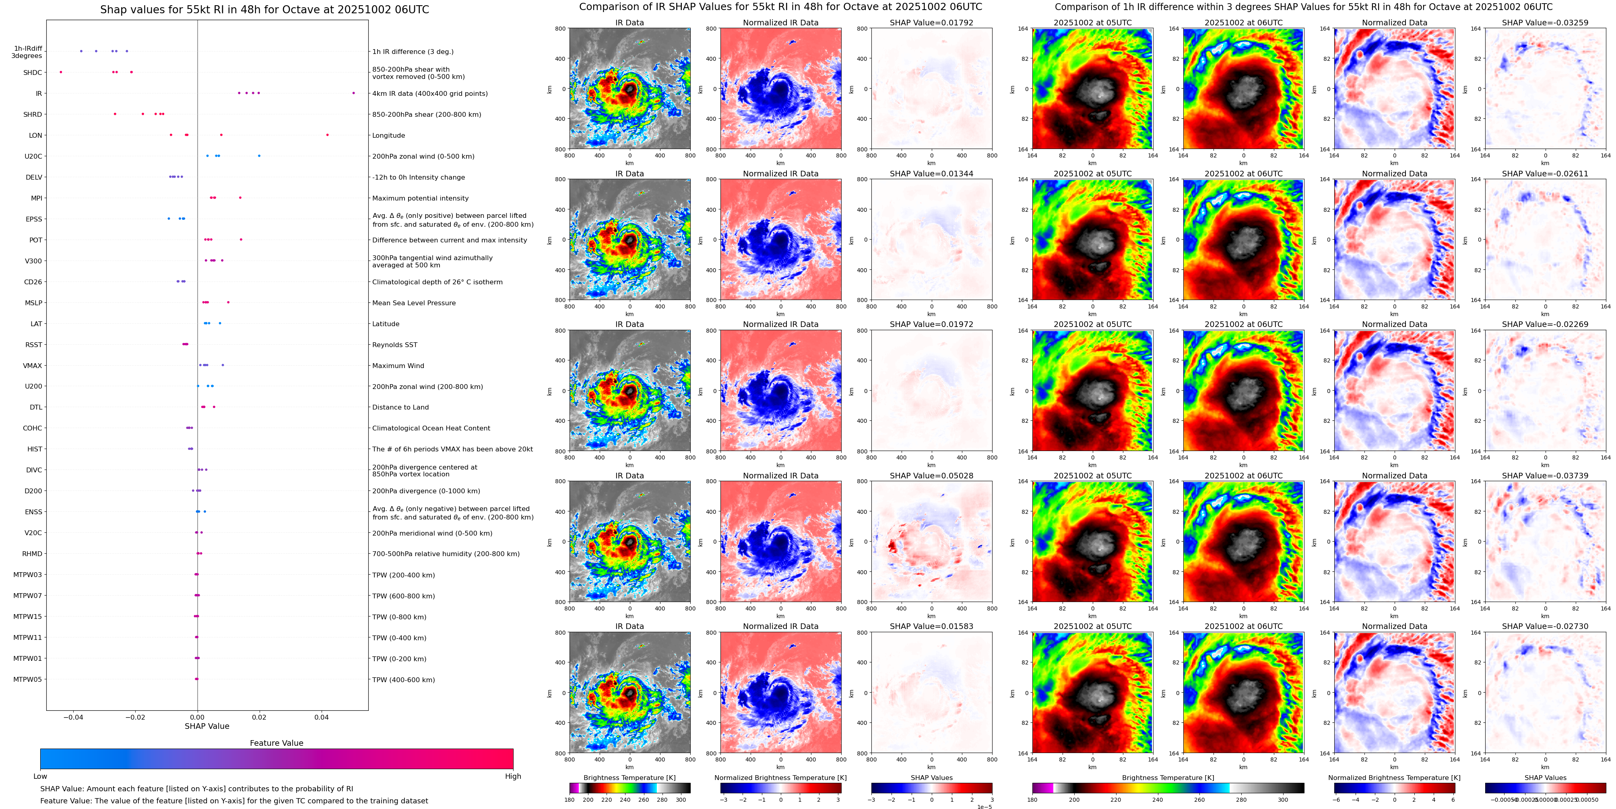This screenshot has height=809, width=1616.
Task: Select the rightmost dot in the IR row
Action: [353, 93]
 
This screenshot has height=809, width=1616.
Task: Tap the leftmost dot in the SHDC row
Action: [61, 72]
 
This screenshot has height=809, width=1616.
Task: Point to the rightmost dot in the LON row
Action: [328, 135]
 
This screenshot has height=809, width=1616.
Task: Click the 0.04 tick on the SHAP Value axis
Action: [321, 717]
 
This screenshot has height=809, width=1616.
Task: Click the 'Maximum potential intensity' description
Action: [420, 199]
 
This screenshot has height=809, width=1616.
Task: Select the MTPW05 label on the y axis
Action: [28, 679]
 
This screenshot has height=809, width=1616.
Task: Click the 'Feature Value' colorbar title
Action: [277, 743]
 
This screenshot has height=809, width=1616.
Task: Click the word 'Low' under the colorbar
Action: [40, 776]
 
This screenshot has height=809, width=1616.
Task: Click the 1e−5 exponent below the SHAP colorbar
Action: [984, 807]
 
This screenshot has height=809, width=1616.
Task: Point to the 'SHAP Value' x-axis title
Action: [207, 726]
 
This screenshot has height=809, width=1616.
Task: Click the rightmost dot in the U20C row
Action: [259, 156]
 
